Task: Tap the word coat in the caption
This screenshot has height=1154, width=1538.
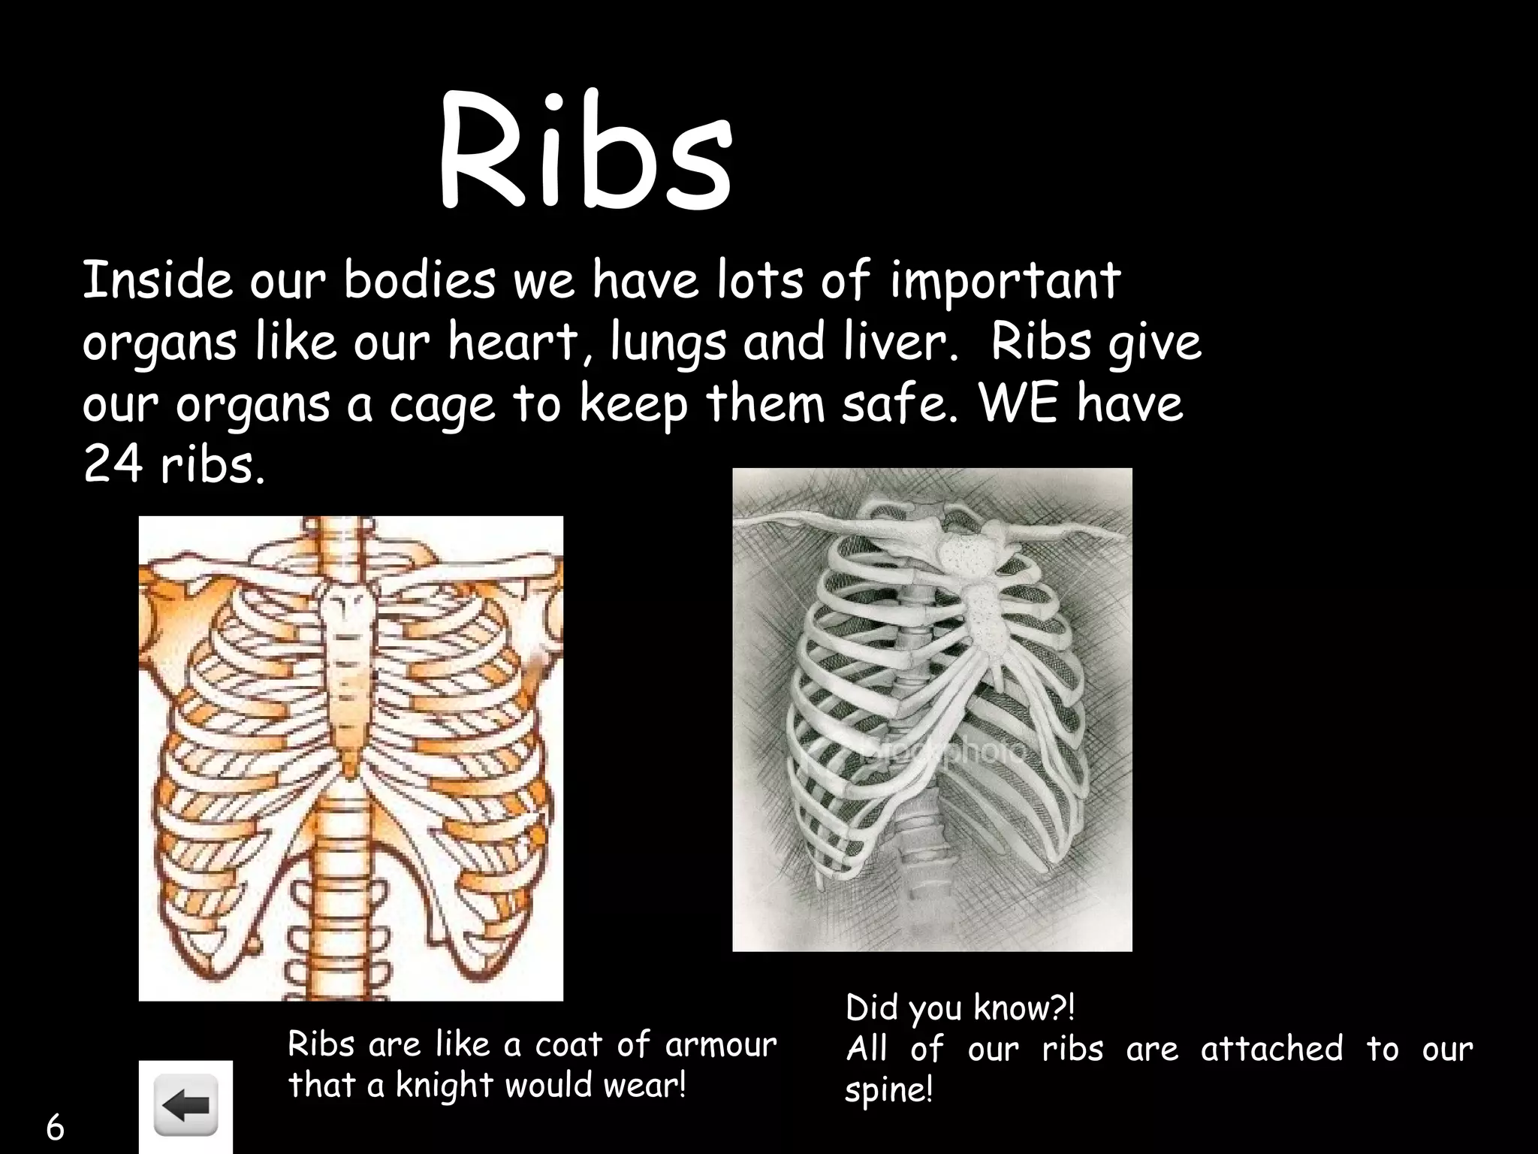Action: (568, 1045)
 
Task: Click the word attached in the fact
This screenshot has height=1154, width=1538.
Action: (1271, 1049)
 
